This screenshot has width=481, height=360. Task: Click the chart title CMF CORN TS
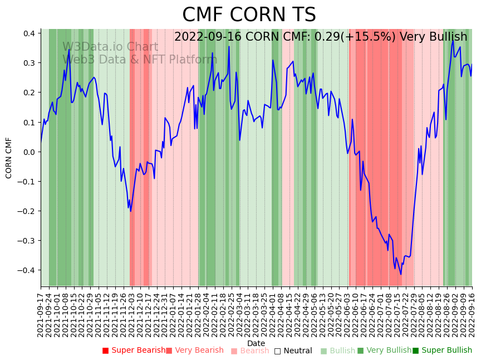coord(249,15)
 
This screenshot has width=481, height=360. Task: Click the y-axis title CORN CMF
coord(9,158)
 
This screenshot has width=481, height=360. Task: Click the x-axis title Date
coord(256,343)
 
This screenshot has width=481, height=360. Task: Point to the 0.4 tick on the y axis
coord(29,33)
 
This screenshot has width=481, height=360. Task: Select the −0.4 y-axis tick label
coord(27,270)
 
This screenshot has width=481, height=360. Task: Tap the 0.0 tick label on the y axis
coord(29,152)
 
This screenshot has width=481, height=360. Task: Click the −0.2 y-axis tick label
coord(27,211)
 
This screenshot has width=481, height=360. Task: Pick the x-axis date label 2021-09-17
coord(41,315)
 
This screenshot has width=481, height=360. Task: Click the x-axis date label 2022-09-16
coord(473,315)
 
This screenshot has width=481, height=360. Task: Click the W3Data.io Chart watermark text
coord(110,47)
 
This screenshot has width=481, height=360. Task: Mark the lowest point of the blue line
coord(401,274)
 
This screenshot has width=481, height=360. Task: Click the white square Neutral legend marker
coord(277,351)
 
